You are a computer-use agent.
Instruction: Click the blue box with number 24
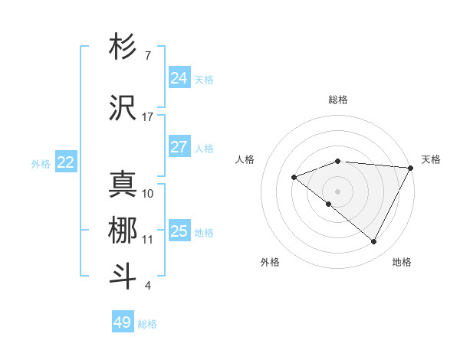click(179, 78)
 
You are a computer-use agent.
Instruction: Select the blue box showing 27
click(179, 147)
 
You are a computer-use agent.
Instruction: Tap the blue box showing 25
click(179, 231)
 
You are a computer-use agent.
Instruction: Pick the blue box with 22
click(66, 162)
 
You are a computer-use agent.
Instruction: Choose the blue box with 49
click(123, 322)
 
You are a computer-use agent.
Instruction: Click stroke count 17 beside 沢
click(148, 117)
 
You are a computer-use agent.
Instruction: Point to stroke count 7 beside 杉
click(147, 56)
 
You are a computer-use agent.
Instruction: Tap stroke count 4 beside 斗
click(147, 286)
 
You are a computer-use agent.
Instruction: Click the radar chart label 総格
click(338, 100)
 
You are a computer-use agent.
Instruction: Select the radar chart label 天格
click(431, 159)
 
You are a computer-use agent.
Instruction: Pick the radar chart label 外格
click(269, 262)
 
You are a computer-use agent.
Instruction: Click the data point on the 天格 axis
click(411, 168)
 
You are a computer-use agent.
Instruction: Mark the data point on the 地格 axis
click(373, 241)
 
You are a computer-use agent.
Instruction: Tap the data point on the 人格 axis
click(294, 178)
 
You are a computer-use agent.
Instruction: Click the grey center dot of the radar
click(337, 191)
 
